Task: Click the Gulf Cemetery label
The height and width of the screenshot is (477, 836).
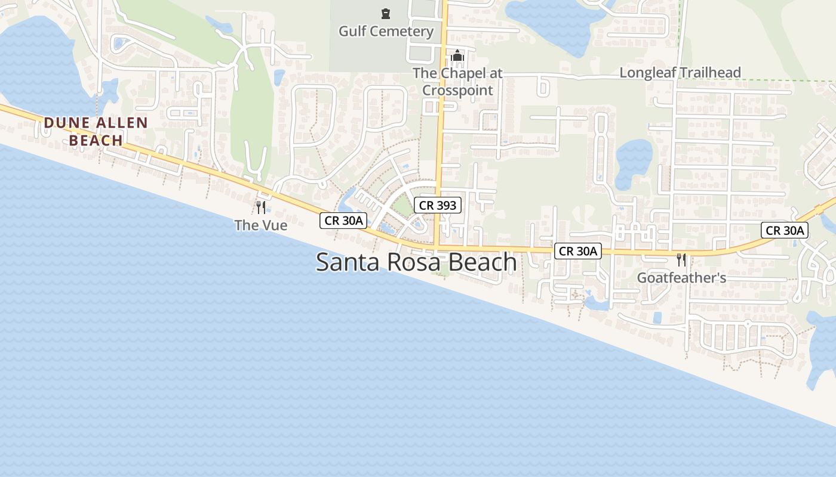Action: click(x=386, y=31)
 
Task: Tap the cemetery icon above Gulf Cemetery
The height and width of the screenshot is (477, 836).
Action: click(x=386, y=13)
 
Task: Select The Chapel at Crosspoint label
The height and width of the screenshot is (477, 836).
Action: click(x=458, y=82)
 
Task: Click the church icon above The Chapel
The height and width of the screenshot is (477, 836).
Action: click(x=458, y=56)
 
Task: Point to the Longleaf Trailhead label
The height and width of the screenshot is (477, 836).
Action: click(x=680, y=73)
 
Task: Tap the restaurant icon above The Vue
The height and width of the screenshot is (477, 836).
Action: click(x=261, y=207)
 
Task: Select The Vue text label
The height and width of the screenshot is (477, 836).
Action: click(x=261, y=225)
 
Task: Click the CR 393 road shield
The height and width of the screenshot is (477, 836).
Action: click(x=438, y=206)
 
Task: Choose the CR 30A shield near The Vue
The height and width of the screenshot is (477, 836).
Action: click(x=343, y=221)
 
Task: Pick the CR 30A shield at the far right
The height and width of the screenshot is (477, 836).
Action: click(x=785, y=230)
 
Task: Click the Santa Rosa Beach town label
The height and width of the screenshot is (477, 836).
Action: click(x=416, y=262)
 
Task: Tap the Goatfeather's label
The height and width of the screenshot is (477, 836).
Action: click(x=681, y=278)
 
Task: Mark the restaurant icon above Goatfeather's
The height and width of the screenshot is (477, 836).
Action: click(x=681, y=260)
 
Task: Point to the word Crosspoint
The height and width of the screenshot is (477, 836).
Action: click(x=458, y=91)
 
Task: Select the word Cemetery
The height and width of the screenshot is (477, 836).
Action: click(x=405, y=31)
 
